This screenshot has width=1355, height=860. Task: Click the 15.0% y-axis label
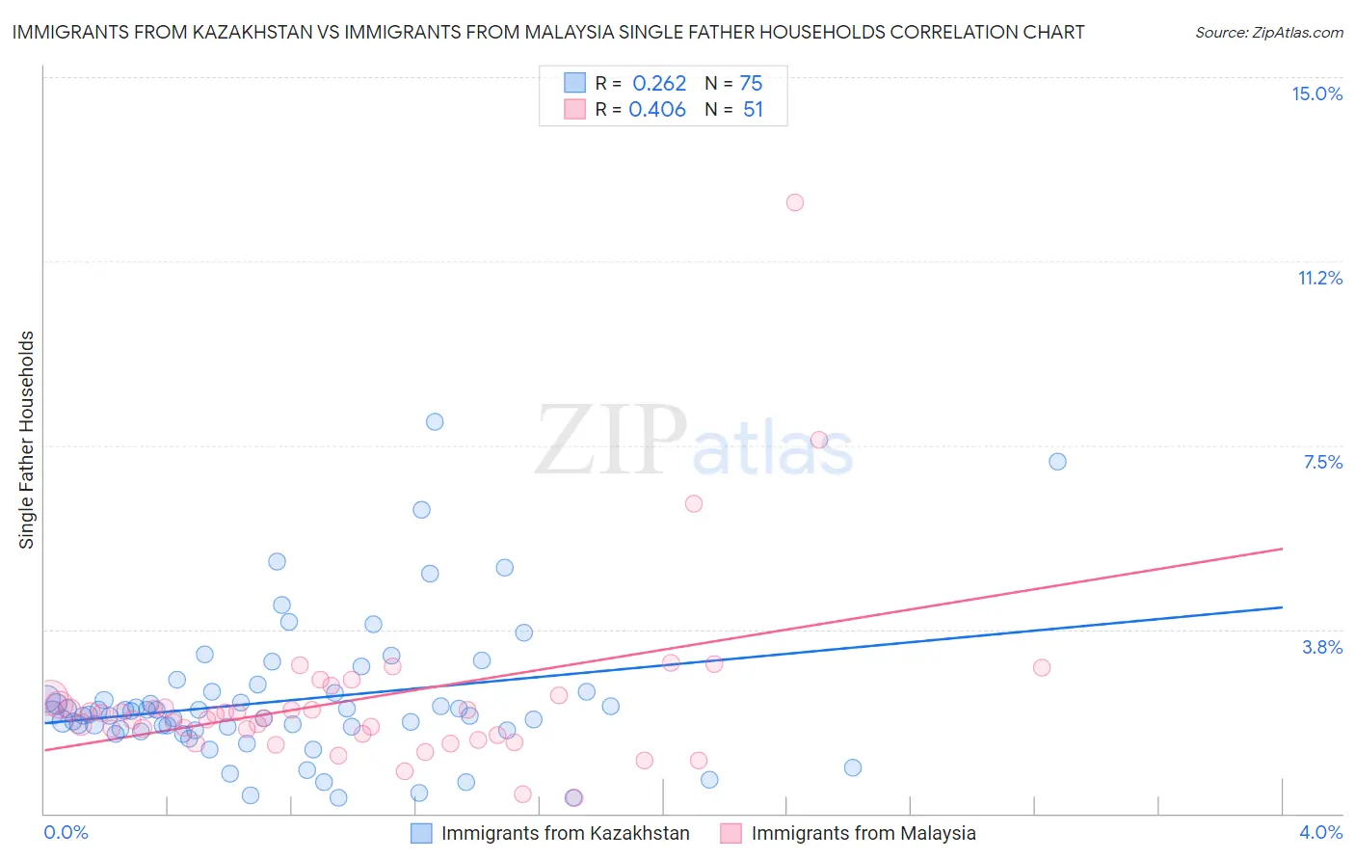1316,94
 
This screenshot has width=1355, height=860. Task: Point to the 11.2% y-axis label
1319,278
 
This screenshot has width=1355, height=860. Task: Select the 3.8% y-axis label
1322,647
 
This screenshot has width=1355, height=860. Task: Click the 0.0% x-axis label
66,832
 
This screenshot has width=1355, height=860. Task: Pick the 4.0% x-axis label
1320,832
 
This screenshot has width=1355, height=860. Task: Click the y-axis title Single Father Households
26,440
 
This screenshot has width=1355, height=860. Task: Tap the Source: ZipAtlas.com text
1268,32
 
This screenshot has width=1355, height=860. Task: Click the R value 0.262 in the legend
659,84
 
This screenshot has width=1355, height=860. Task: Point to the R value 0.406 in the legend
657,110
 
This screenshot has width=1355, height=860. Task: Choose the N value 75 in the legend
751,84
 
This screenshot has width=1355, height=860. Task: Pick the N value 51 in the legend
753,110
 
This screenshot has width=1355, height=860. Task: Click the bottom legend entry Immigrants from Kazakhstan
565,833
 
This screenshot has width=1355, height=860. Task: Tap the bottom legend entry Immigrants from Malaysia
863,833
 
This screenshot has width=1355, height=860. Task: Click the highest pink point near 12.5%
795,202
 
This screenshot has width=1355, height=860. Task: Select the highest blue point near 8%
435,421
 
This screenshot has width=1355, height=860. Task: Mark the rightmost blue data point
1057,462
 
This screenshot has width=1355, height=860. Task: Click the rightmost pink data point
1041,667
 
